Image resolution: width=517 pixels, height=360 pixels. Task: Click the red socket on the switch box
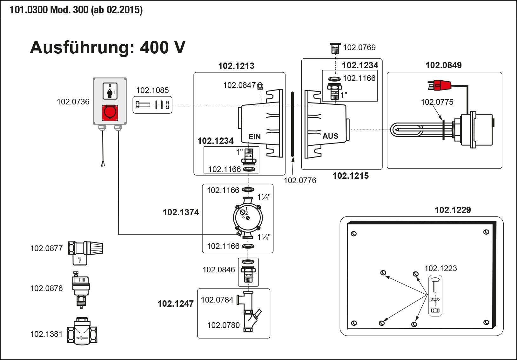point(110,113)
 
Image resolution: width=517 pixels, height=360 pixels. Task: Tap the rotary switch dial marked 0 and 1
point(110,91)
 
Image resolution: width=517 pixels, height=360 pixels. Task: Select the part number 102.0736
point(73,102)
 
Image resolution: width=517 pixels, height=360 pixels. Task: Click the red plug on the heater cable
point(440,85)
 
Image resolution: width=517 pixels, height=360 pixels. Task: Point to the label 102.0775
point(437,102)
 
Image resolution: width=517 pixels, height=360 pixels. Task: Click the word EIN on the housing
point(254,137)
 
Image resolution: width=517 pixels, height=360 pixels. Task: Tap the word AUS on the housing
point(330,136)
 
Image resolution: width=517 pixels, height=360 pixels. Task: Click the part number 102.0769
point(359,47)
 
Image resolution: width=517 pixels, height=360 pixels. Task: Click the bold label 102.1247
point(176,304)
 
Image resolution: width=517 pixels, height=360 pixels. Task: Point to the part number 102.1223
point(441,268)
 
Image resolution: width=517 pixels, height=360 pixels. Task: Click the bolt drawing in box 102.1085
point(143,105)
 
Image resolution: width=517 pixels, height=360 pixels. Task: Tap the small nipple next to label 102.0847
point(260,85)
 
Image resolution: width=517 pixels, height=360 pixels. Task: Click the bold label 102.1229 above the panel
point(453,210)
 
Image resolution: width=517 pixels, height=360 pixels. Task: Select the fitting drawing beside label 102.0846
point(248,272)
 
